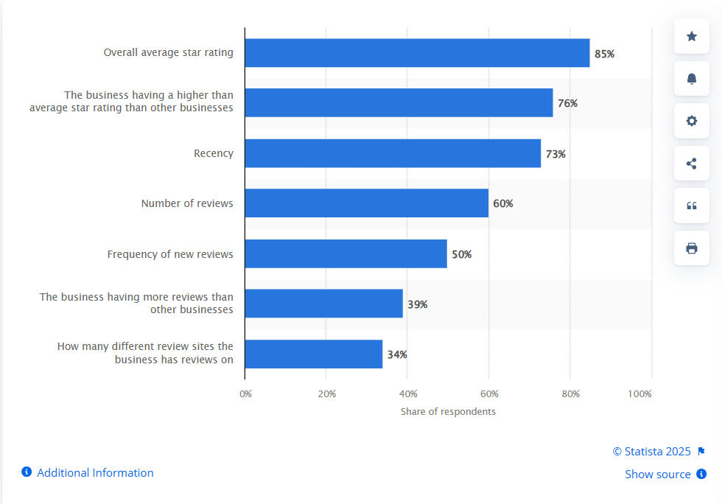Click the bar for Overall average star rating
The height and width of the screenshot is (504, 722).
coord(417,53)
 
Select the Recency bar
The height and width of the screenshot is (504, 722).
coord(393,153)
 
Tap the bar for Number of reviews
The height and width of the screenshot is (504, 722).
coord(366,203)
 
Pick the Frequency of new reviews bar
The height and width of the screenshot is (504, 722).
coord(346,253)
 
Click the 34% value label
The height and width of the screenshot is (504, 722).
coord(397,354)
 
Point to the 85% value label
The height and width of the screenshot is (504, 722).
coord(604,54)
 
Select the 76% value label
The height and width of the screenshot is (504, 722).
coord(567,103)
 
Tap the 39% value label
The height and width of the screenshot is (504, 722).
coord(417,304)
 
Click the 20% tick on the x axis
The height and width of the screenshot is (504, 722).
coord(327,393)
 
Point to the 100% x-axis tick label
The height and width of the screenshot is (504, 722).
coord(639,393)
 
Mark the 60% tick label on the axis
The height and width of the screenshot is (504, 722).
coord(489,393)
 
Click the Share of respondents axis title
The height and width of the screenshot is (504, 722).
coord(448,411)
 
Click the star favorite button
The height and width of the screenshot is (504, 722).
coord(692,36)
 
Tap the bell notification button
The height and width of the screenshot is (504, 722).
coord(692,79)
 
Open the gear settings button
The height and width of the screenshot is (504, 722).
coord(692,121)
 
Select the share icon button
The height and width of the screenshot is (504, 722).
coord(692,164)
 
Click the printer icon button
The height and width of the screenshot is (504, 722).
coord(692,248)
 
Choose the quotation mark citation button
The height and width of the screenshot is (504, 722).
coord(692,206)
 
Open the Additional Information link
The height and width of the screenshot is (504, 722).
coord(95,473)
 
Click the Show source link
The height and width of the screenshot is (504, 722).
coord(658,475)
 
